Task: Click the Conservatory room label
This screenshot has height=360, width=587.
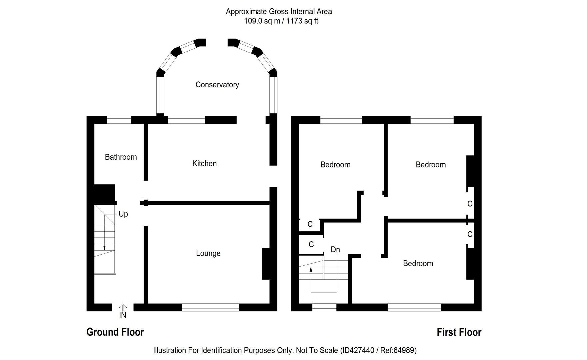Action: (217, 85)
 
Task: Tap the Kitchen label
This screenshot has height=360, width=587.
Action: (204, 163)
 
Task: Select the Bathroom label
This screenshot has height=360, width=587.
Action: (121, 157)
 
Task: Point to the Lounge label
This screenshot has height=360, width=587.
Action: (208, 253)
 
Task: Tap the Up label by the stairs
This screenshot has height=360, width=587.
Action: (123, 214)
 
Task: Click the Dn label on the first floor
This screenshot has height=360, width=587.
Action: (335, 249)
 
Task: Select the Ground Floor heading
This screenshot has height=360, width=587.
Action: (115, 332)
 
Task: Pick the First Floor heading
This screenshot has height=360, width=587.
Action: (459, 332)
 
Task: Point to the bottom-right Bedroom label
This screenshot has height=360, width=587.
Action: (418, 263)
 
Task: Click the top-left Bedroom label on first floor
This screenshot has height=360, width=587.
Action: (335, 165)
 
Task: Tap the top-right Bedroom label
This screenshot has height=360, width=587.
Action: (430, 165)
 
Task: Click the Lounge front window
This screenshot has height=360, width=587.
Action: (210, 307)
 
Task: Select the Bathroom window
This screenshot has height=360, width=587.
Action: (119, 120)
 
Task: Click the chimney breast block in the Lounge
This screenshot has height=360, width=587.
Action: (266, 263)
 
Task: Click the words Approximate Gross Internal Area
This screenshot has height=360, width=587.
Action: (279, 12)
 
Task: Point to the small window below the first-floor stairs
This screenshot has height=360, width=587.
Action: (324, 307)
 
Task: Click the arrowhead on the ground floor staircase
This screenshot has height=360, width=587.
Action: (104, 248)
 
